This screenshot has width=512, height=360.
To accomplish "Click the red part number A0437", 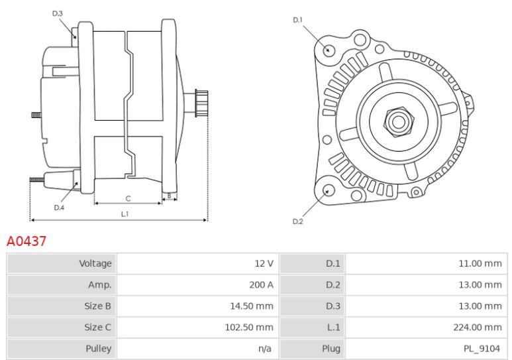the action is pyautogui.click(x=26, y=241).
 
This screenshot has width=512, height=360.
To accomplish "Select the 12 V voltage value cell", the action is pyautogui.click(x=264, y=263).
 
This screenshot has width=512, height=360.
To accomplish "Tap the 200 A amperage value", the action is pyautogui.click(x=261, y=285).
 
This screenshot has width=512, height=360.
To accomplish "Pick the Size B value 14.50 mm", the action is pyautogui.click(x=252, y=306).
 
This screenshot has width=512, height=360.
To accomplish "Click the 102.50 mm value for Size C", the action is pyautogui.click(x=249, y=328).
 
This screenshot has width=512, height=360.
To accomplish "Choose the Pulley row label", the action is pyautogui.click(x=98, y=349).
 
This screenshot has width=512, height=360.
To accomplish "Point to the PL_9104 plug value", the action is pyautogui.click(x=482, y=349).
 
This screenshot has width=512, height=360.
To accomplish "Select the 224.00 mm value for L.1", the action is pyautogui.click(x=478, y=328).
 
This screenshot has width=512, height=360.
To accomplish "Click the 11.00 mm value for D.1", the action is pyautogui.click(x=480, y=263).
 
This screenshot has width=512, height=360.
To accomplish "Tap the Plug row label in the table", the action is pyautogui.click(x=331, y=349).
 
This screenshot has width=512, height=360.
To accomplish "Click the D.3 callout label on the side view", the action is pyautogui.click(x=58, y=13).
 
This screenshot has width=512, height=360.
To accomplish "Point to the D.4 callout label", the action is pyautogui.click(x=59, y=208).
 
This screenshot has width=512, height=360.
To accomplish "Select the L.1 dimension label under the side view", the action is pyautogui.click(x=125, y=214).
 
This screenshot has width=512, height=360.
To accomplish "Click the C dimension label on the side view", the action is pyautogui.click(x=128, y=198).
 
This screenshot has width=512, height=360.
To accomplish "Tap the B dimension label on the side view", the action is pyautogui.click(x=169, y=196).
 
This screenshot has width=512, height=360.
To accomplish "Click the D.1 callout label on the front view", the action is pyautogui.click(x=298, y=20).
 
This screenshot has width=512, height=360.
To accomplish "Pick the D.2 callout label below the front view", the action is pyautogui.click(x=298, y=221).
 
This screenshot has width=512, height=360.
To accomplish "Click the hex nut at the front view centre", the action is pyautogui.click(x=398, y=122).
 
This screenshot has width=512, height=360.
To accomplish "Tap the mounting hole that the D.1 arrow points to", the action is pyautogui.click(x=329, y=50).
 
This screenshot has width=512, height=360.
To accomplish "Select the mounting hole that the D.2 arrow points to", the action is pyautogui.click(x=329, y=190).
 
